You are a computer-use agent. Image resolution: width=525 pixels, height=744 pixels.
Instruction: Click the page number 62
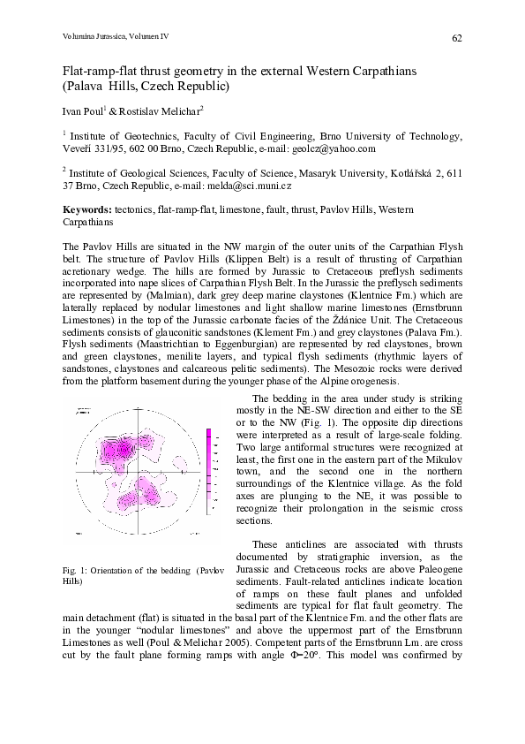click(457, 38)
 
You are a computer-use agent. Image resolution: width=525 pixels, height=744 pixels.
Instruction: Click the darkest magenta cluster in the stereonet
click(115, 452)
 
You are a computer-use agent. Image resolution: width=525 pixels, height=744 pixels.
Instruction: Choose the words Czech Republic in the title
click(191, 87)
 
